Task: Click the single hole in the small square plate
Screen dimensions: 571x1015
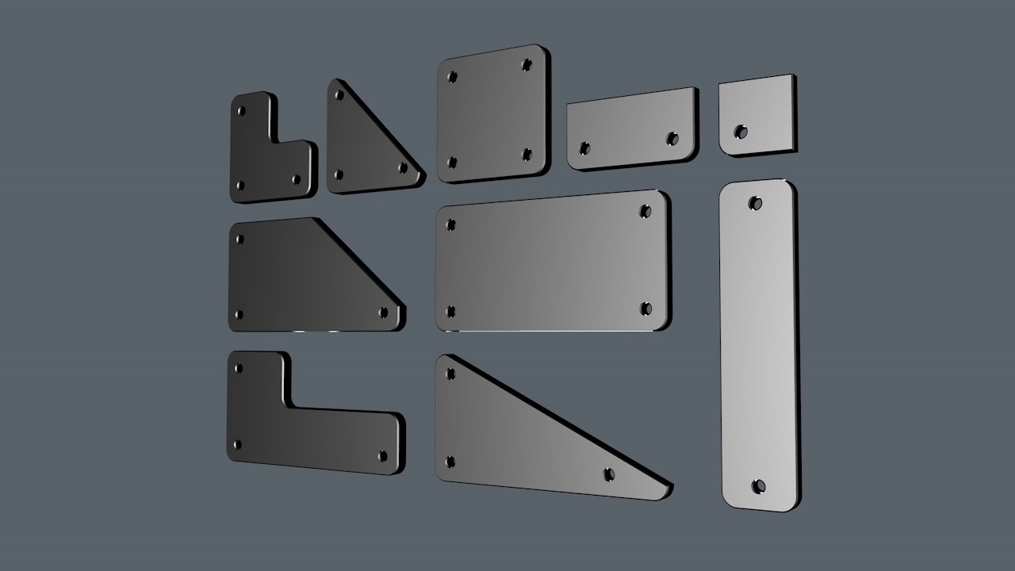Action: point(741,132)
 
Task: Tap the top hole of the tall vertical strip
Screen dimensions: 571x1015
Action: point(756,203)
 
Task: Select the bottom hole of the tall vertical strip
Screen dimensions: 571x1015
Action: point(758,485)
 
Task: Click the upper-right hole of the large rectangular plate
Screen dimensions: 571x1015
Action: point(645,212)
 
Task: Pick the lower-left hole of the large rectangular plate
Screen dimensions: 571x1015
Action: point(450,312)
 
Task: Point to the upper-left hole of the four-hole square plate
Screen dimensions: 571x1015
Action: point(452,77)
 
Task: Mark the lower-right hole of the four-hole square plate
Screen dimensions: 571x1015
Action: point(527,155)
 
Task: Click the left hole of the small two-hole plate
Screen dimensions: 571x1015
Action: point(584,148)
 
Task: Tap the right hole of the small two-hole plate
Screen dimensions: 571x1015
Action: point(672,139)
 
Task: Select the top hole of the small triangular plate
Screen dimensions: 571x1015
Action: point(339,95)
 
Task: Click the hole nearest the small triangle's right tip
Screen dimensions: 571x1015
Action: point(403,167)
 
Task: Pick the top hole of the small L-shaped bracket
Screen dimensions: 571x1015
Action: point(241,111)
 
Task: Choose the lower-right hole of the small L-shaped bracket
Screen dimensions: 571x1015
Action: point(297,179)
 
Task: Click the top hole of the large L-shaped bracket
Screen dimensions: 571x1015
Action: point(237,368)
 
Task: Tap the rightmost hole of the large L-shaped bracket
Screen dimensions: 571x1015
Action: point(383,456)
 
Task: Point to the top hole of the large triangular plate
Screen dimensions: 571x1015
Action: point(450,374)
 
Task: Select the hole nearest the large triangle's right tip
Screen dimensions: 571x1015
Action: point(608,474)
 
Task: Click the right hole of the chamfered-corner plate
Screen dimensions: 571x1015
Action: point(384,312)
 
